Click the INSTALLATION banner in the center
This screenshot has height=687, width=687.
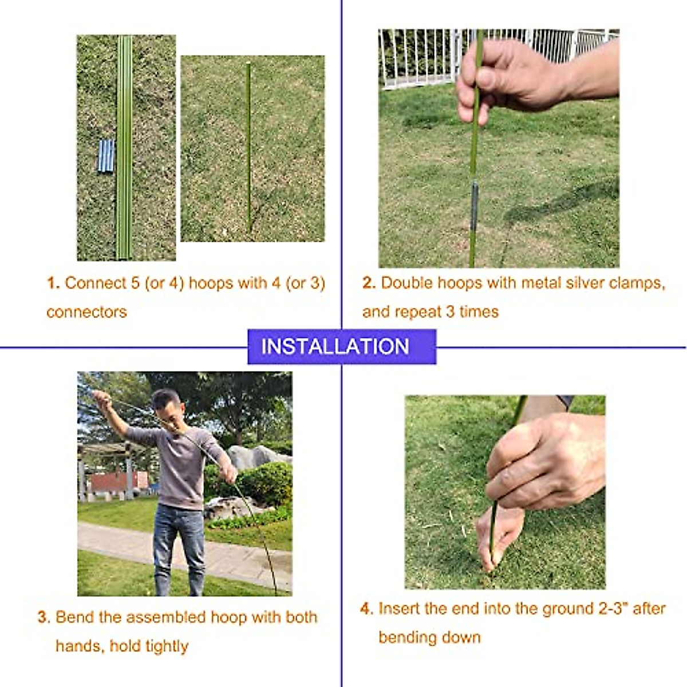[342, 346]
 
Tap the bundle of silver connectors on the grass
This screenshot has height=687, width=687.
[106, 156]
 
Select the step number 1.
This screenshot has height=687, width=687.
[53, 283]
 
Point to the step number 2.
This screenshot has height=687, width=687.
[368, 283]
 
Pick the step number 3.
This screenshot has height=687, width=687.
[44, 618]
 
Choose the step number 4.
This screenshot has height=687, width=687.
[366, 609]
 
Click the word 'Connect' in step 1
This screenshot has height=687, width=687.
[95, 283]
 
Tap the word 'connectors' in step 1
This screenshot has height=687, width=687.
[86, 312]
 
